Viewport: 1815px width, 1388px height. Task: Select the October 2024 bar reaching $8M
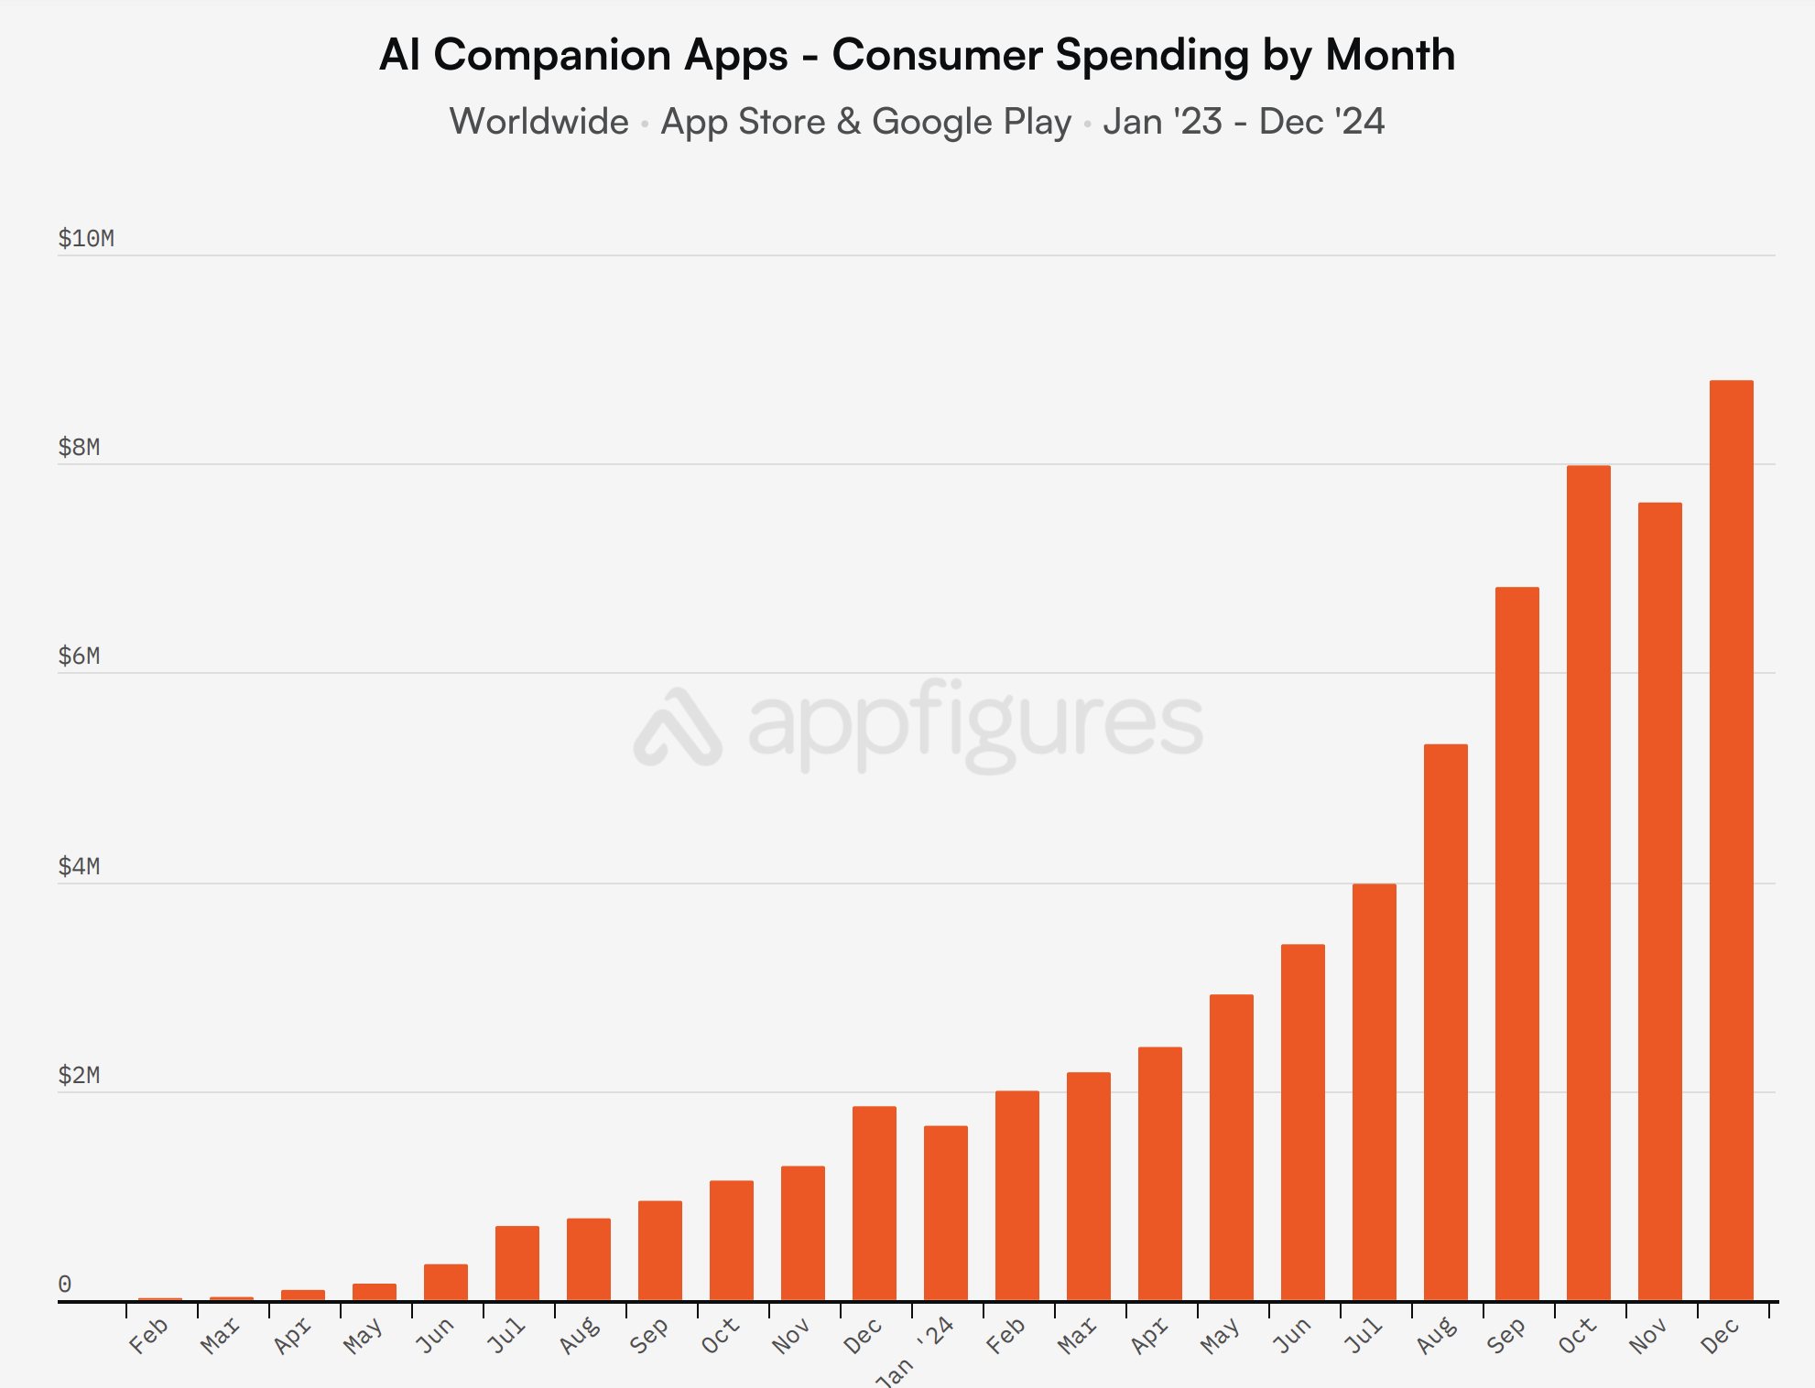1588,883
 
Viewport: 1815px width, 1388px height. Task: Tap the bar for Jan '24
945,1213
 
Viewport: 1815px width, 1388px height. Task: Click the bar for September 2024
1516,943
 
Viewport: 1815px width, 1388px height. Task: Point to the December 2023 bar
874,1203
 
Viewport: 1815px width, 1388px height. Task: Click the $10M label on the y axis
86,239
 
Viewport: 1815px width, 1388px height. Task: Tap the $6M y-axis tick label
79,656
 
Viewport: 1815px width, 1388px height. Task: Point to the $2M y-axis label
79,1075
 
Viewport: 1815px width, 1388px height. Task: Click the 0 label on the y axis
65,1285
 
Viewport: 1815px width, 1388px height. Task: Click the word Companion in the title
610,55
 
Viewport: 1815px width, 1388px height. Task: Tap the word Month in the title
1390,55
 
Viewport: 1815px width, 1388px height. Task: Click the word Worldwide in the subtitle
538,122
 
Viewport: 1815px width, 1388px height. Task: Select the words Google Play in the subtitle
971,122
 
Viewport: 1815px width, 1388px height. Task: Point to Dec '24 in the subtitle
1321,122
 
